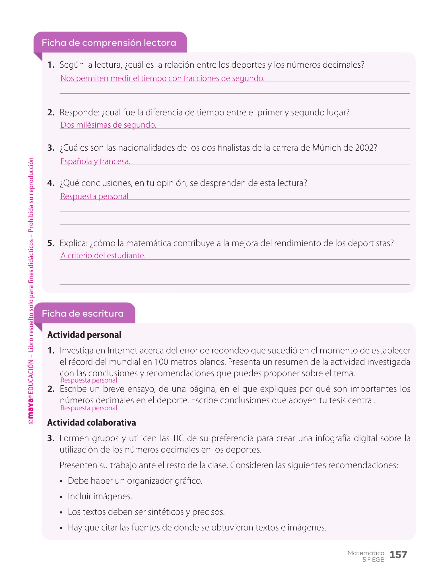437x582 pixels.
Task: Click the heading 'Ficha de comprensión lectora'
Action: [x=109, y=43]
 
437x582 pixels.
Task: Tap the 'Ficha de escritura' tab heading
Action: [x=83, y=314]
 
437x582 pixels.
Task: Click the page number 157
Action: [x=398, y=554]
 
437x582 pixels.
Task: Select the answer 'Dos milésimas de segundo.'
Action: [x=108, y=125]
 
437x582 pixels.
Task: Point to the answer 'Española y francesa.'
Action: [x=95, y=161]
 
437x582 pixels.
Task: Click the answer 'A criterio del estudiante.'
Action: [x=103, y=255]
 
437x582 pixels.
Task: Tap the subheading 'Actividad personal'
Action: [x=84, y=335]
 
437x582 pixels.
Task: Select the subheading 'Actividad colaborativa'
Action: [x=92, y=423]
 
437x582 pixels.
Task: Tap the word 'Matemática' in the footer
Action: [x=366, y=553]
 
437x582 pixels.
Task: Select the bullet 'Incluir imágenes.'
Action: [x=100, y=496]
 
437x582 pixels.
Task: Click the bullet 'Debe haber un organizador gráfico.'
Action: [x=135, y=481]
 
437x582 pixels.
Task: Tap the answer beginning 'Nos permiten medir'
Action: [x=162, y=78]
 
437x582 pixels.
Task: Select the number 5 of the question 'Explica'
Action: [x=51, y=244]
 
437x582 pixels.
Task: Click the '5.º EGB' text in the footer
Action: [x=373, y=560]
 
